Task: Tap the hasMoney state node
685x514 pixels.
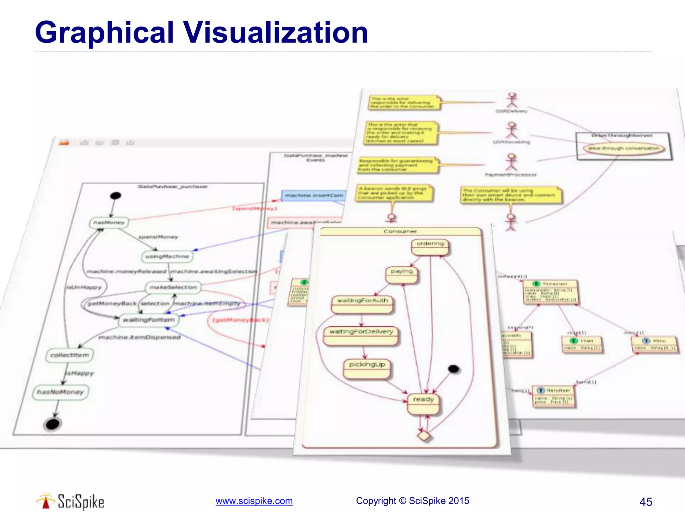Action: click(109, 223)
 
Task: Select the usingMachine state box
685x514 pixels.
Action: click(167, 257)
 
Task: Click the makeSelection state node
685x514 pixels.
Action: click(173, 287)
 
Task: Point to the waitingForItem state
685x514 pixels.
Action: click(149, 320)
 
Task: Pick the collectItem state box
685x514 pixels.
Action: click(70, 355)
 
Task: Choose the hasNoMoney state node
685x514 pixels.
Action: click(61, 392)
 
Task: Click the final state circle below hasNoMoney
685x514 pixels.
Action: click(53, 424)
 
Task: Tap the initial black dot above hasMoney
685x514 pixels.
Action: click(115, 196)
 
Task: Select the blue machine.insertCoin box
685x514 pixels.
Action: click(314, 195)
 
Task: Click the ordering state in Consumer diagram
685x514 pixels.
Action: click(430, 247)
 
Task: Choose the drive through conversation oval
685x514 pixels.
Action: click(623, 148)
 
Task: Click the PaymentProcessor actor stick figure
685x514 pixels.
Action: click(511, 162)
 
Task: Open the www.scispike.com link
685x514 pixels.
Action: click(254, 501)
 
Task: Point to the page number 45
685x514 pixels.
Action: click(646, 502)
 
